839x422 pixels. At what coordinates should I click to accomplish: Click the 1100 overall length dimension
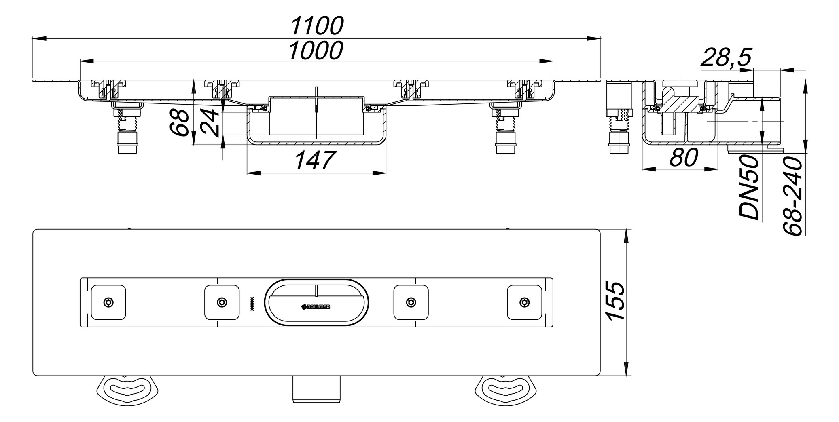click(x=317, y=26)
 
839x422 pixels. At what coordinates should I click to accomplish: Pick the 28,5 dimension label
click(x=726, y=57)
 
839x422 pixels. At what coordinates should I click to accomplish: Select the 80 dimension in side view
click(x=684, y=158)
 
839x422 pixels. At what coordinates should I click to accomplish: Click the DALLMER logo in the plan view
click(x=316, y=307)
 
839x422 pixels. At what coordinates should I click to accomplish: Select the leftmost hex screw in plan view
click(x=108, y=302)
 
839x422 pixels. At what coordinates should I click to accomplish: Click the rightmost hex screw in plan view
click(x=524, y=302)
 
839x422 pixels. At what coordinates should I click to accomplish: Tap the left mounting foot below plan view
click(x=127, y=390)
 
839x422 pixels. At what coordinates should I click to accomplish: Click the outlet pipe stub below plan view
click(x=316, y=389)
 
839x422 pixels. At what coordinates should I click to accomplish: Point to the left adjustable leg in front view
click(x=127, y=129)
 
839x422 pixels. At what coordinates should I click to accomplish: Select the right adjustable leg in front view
click(x=506, y=129)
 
